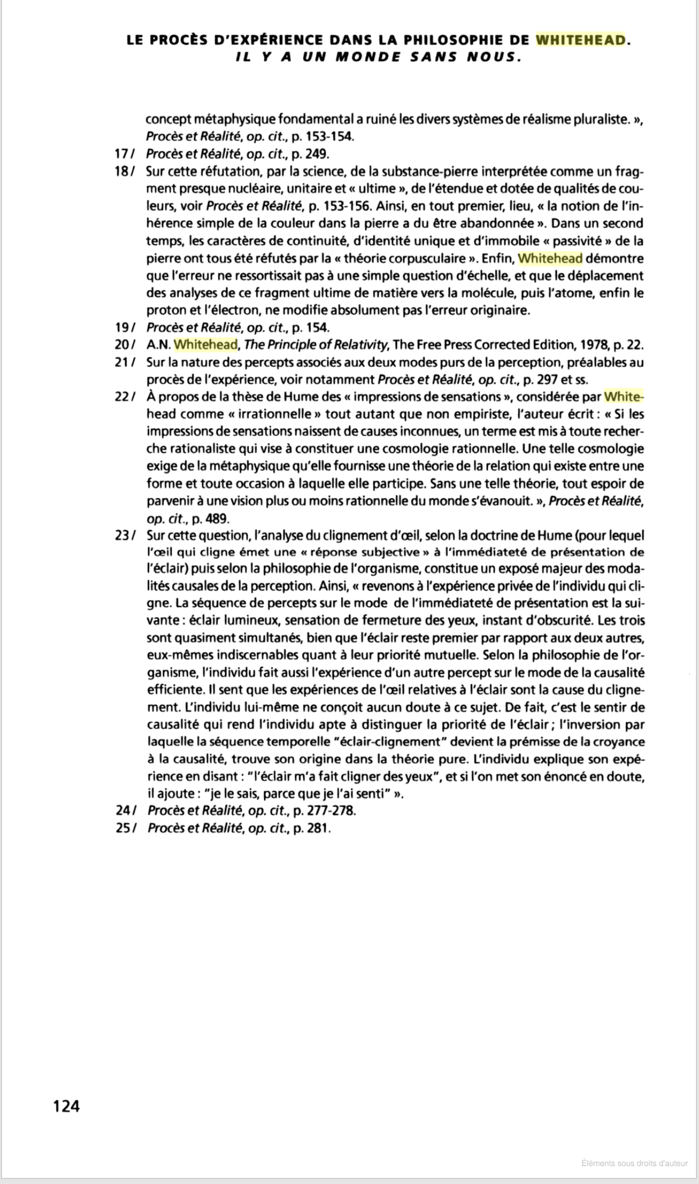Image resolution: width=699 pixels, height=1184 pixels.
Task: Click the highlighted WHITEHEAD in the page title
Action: click(580, 40)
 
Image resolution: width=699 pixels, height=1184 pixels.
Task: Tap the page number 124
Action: click(66, 1106)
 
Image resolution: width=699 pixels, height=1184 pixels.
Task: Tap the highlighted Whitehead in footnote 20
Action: click(206, 345)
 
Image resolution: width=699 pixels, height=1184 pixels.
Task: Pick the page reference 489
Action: click(218, 519)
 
